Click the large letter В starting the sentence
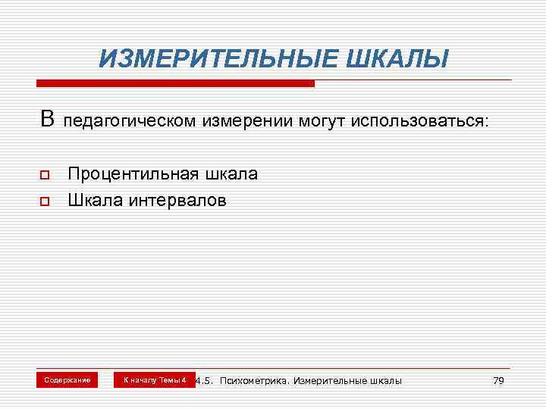point(48,119)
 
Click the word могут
point(318,121)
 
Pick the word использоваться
point(419,121)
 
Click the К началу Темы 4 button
point(155,379)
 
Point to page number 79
point(497,380)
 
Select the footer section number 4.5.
point(204,380)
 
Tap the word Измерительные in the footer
point(328,380)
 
